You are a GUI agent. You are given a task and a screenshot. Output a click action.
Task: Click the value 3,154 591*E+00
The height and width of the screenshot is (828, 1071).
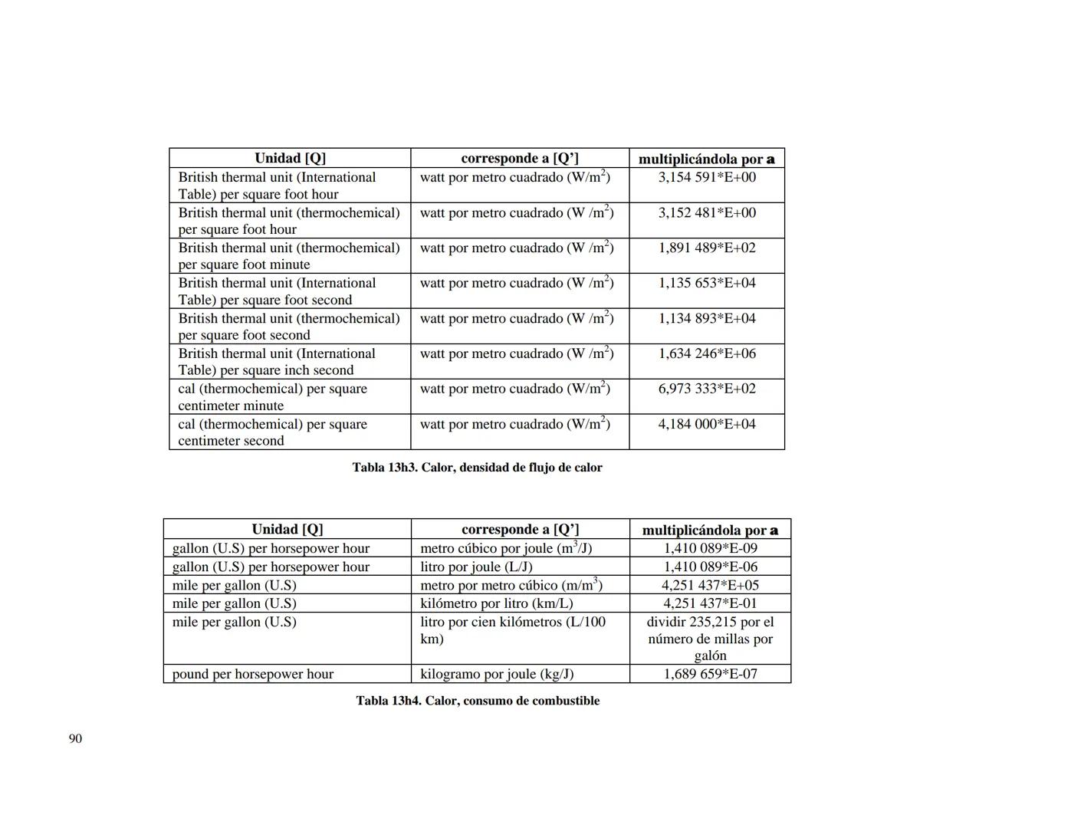point(707,177)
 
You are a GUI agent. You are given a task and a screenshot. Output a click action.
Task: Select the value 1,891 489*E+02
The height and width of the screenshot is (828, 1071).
point(707,248)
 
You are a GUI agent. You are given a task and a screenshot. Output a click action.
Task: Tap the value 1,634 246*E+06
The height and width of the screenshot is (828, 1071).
point(707,353)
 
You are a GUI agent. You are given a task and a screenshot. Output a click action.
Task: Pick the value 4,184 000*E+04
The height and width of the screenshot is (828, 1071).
point(707,424)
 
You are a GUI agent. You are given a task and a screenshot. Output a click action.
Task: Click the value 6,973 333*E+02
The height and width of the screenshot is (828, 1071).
point(707,389)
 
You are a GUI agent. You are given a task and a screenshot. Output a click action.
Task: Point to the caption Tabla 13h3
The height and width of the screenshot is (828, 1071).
point(477,468)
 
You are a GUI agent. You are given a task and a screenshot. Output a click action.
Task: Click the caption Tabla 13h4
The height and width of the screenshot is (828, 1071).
point(478,701)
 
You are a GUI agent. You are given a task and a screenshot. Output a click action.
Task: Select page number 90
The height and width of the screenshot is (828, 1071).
point(75,738)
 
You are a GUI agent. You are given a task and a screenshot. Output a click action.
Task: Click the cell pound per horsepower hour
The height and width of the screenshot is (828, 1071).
point(253,674)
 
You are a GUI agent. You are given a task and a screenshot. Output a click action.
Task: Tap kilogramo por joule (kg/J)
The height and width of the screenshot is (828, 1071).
point(497,674)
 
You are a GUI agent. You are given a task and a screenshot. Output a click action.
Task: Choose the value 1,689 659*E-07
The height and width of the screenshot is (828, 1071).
point(710,674)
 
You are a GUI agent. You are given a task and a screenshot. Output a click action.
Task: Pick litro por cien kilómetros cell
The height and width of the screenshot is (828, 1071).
point(512,630)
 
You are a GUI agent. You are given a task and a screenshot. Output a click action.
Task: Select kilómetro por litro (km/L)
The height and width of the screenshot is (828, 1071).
point(497,603)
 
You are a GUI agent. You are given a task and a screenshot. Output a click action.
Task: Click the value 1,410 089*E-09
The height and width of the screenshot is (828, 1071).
point(710,548)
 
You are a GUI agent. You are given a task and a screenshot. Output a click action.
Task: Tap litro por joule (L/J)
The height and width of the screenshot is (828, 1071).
point(476,567)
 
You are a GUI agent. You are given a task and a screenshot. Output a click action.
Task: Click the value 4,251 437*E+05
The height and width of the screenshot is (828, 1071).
point(710,585)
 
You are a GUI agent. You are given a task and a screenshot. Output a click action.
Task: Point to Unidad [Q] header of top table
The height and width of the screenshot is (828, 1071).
point(290,158)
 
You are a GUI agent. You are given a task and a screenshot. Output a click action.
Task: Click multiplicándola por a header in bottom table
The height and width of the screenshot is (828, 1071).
point(710,530)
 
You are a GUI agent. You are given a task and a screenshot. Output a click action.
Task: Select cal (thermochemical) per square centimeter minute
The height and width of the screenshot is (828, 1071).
point(272,397)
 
